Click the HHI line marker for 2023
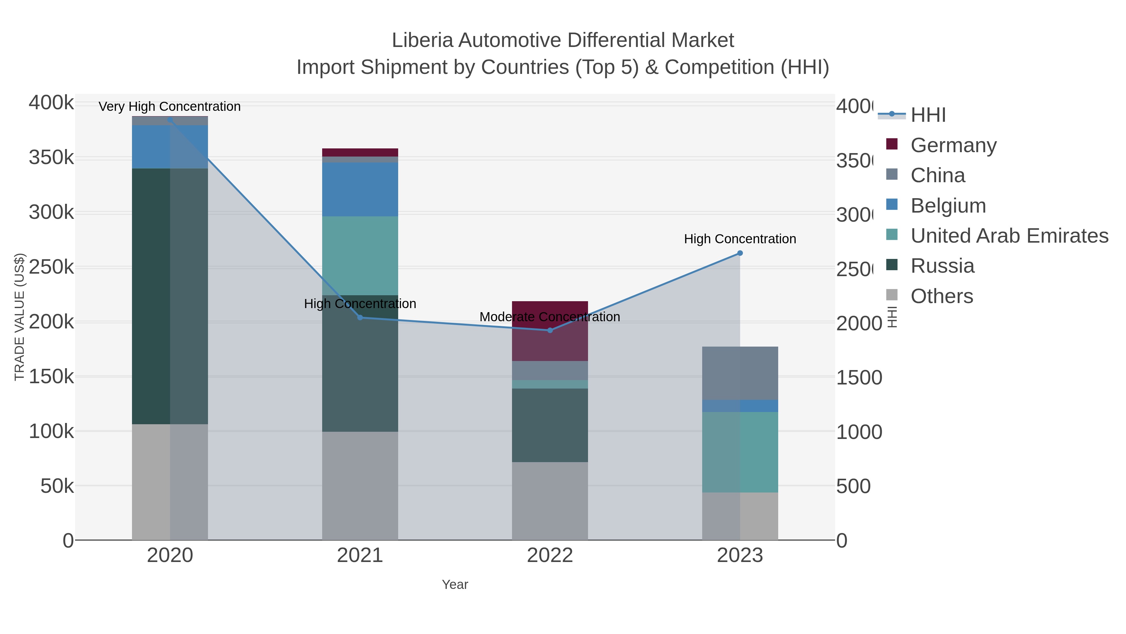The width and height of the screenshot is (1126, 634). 740,253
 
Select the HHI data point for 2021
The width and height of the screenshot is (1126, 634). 360,318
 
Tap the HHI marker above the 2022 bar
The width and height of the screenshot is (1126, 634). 550,330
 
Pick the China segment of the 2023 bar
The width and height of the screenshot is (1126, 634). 740,373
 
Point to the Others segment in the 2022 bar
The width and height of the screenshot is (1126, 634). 550,501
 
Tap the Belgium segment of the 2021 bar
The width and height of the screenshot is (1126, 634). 360,189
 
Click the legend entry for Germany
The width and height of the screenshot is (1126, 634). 953,145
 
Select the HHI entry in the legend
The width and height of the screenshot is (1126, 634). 928,115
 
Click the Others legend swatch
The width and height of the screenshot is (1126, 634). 892,295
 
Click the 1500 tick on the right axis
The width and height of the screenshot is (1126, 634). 859,378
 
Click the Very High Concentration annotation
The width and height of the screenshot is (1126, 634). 170,107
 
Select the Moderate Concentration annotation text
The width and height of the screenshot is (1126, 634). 550,317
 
